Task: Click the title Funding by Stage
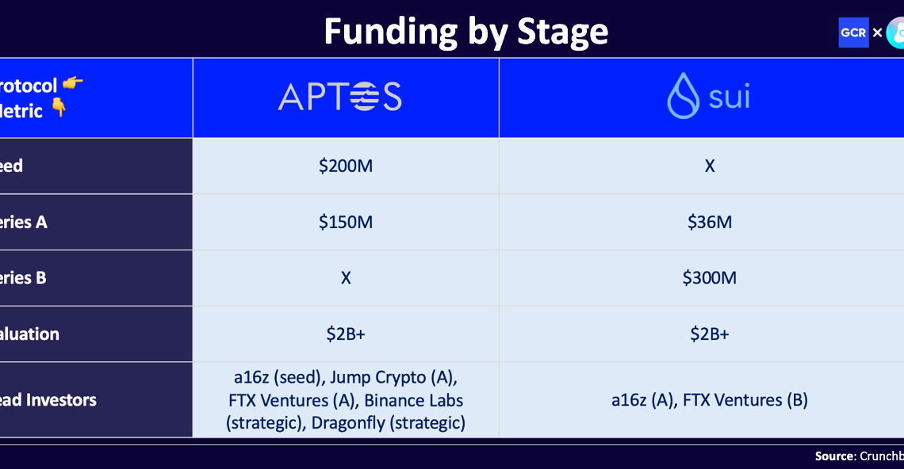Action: click(x=465, y=32)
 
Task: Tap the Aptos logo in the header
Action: click(x=339, y=97)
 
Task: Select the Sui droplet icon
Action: click(x=683, y=97)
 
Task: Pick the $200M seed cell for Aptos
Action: click(x=345, y=166)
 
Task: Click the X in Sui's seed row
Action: click(x=709, y=166)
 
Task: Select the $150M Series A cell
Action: click(x=345, y=222)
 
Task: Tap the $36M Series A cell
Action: click(x=709, y=222)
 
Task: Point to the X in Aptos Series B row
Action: click(x=345, y=278)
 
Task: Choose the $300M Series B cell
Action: click(x=709, y=278)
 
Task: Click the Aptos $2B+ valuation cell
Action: click(x=345, y=334)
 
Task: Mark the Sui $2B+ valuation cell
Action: click(x=709, y=334)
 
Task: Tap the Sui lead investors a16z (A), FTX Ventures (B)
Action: click(x=709, y=400)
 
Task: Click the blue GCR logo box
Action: click(x=853, y=32)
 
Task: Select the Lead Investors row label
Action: click(x=48, y=400)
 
